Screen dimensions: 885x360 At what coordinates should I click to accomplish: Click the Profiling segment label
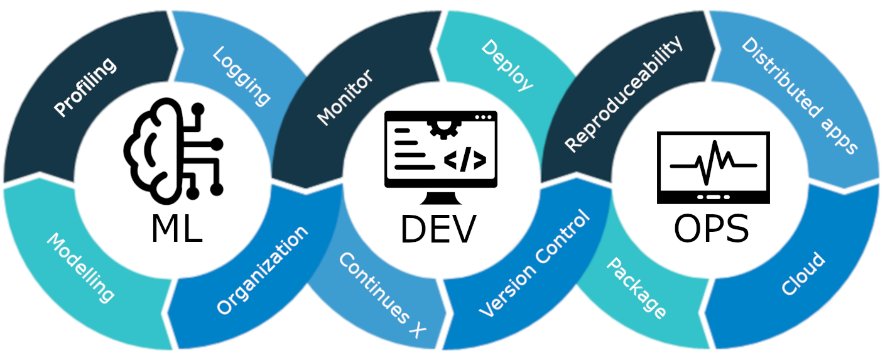tap(85, 87)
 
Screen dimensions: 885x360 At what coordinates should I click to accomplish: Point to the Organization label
tap(262, 270)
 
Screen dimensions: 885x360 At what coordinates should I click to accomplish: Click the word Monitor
tap(345, 97)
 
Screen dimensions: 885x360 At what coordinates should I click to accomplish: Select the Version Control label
tap(535, 264)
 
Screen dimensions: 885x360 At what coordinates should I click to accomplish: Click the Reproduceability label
tap(623, 95)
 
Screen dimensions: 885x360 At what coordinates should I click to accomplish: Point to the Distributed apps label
tap(799, 96)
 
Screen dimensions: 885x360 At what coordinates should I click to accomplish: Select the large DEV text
tap(438, 230)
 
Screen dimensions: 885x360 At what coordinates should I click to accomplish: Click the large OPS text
tap(711, 229)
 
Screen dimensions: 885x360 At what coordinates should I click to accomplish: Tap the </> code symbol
tap(464, 161)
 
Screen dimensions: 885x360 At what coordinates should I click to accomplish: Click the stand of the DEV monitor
tap(440, 198)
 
